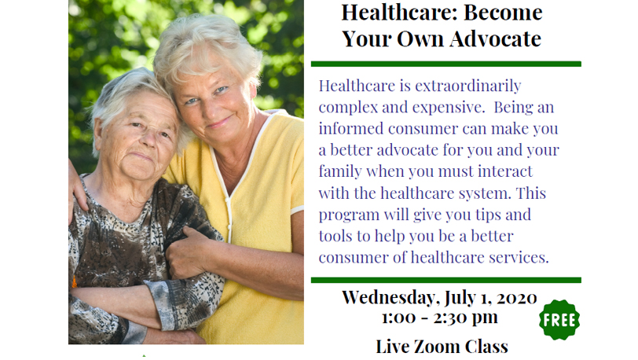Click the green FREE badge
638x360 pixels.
point(559,320)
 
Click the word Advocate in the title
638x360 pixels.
point(495,39)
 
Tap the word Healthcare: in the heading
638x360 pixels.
point(399,13)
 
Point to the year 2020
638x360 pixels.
point(516,298)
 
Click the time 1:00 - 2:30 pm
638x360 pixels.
point(440,318)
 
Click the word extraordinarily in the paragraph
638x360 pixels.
point(468,86)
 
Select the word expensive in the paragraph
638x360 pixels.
point(448,108)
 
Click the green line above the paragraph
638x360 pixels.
point(446,64)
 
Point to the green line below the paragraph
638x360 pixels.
point(446,280)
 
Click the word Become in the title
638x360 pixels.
point(503,13)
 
